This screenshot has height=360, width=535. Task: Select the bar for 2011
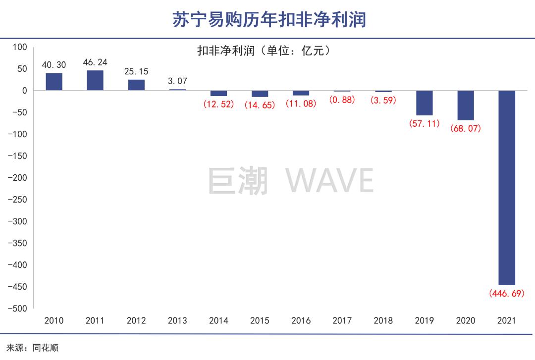(x=95, y=81)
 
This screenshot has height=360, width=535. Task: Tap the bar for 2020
(x=465, y=105)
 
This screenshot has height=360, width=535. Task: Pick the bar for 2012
(x=136, y=85)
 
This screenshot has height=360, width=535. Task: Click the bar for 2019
(x=424, y=103)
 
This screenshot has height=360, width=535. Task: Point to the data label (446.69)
(x=506, y=294)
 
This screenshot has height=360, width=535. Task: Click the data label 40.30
(x=54, y=65)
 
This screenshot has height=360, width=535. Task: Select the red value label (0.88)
(x=342, y=100)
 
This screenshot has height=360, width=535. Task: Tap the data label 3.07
(x=177, y=81)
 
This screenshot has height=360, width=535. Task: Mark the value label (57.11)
(x=424, y=124)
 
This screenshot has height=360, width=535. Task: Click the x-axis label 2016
(x=301, y=320)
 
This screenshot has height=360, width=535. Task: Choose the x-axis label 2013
(x=177, y=320)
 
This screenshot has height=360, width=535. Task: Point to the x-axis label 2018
(x=383, y=320)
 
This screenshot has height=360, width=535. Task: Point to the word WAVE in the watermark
(x=329, y=181)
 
